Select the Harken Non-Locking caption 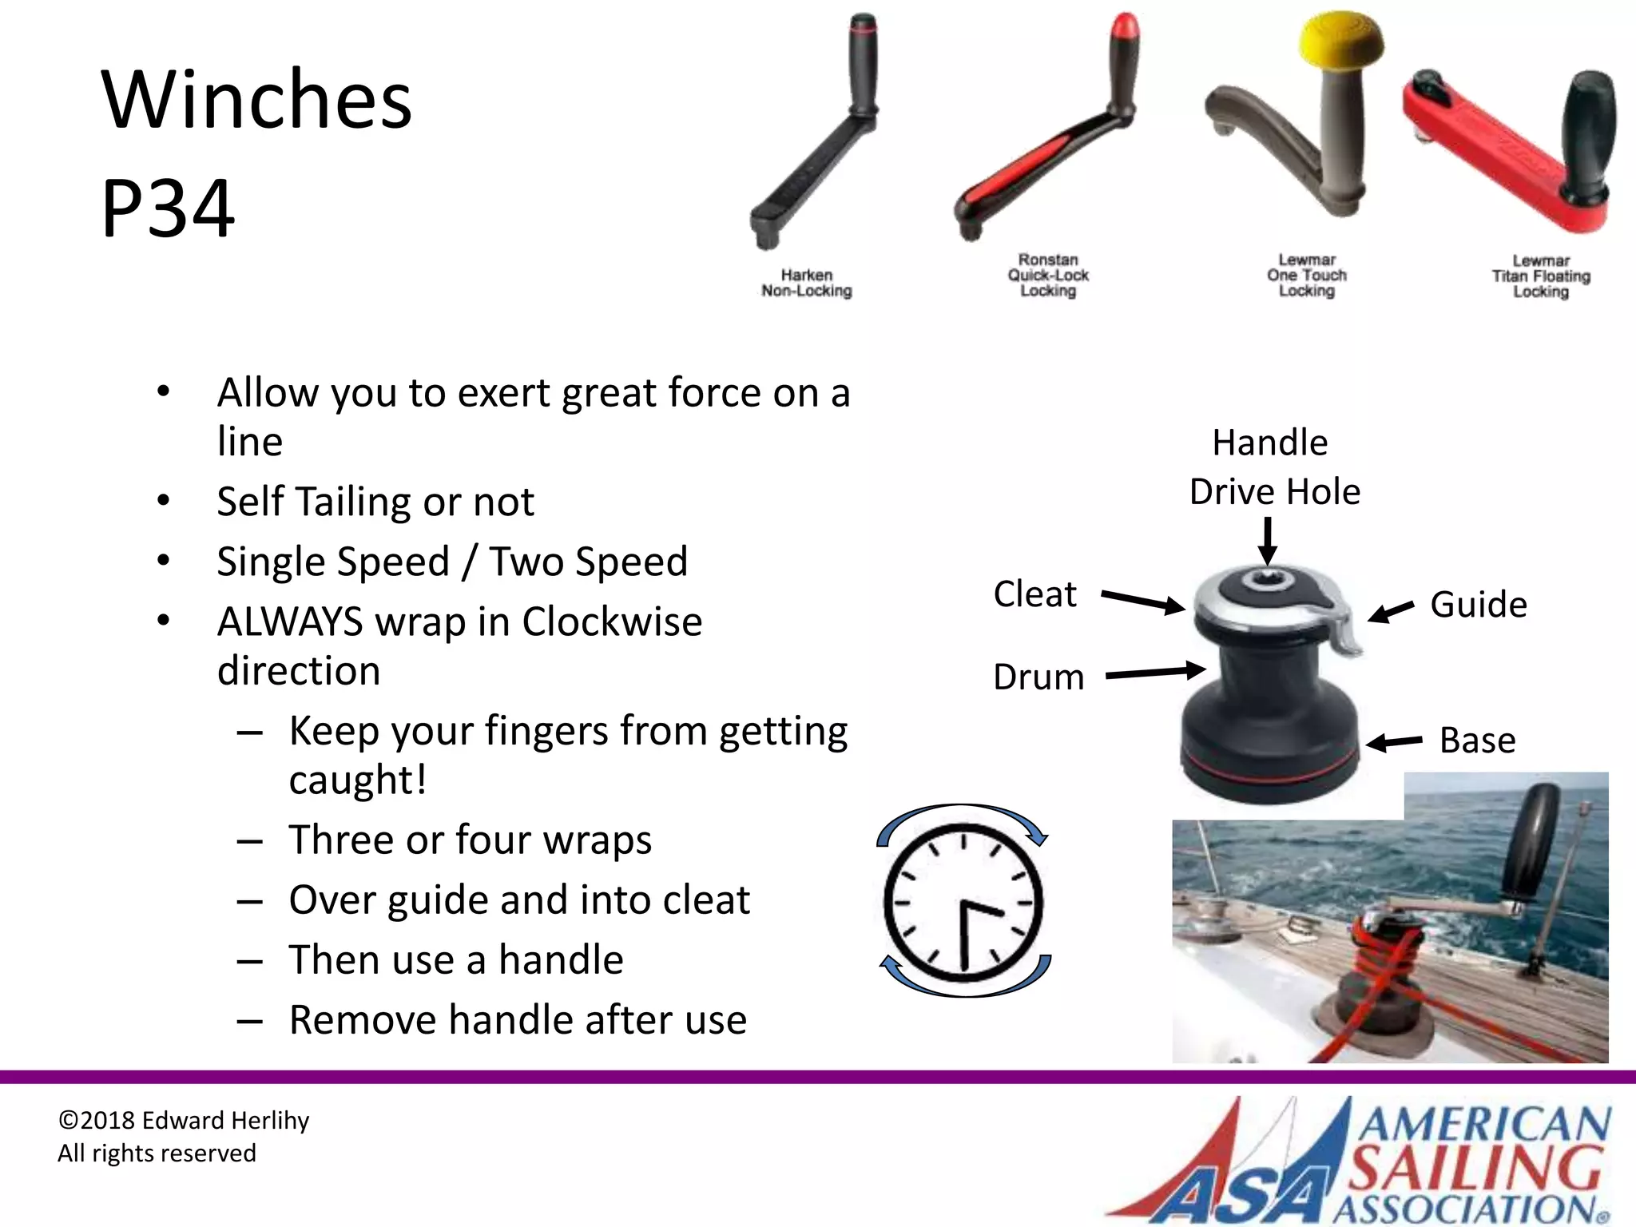pyautogui.click(x=806, y=283)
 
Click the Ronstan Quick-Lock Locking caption pyautogui.click(x=1048, y=275)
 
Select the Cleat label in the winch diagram pyautogui.click(x=1034, y=594)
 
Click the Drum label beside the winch pyautogui.click(x=1038, y=677)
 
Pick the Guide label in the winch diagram pyautogui.click(x=1478, y=605)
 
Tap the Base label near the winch pyautogui.click(x=1477, y=741)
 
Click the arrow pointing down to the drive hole pyautogui.click(x=1267, y=542)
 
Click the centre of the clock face pyautogui.click(x=964, y=903)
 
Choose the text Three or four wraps pyautogui.click(x=471, y=840)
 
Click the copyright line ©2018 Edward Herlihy pyautogui.click(x=184, y=1121)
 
